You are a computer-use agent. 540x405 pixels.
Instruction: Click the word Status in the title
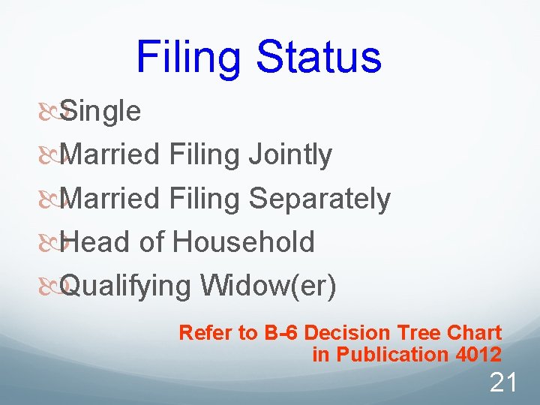tap(318, 56)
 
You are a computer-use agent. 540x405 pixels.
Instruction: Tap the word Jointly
tap(289, 155)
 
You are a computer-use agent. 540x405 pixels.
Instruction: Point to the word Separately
tap(319, 199)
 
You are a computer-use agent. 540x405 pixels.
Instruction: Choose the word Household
tap(243, 243)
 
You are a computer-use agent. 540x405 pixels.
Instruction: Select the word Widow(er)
tap(268, 286)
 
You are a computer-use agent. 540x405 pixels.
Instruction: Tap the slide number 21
tap(502, 383)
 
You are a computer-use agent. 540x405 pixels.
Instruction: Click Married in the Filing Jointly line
tap(110, 155)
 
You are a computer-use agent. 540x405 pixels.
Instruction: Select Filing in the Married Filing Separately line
tap(205, 199)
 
